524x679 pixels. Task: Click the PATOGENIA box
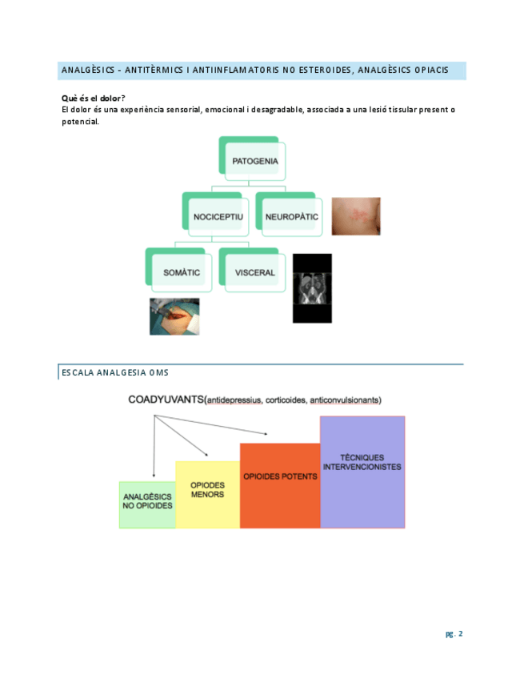point(255,161)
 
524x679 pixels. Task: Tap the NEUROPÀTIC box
point(291,216)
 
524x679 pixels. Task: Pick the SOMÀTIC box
point(181,272)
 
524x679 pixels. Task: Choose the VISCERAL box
point(254,272)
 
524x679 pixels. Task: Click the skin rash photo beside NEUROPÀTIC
point(356,216)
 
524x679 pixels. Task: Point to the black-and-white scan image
point(312,288)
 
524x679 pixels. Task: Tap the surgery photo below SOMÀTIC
point(174,316)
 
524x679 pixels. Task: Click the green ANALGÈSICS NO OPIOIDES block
point(147,504)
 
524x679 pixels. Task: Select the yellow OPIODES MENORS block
point(207,494)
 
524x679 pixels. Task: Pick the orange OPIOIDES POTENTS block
point(280,484)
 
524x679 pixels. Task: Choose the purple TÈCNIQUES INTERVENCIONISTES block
point(362,472)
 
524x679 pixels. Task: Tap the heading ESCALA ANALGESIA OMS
point(114,372)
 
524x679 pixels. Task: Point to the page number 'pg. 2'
point(454,634)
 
